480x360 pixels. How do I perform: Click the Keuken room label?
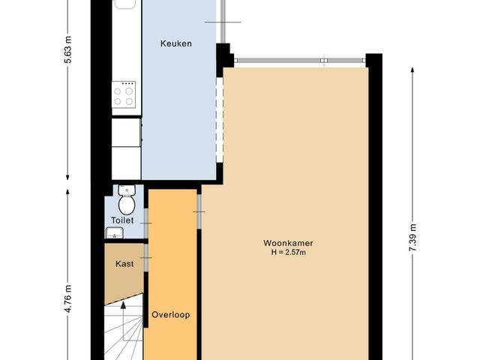tap(176, 43)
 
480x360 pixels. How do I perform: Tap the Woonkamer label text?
tap(288, 243)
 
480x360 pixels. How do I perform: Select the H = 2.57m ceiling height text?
tap(288, 253)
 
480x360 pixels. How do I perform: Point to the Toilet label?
tap(122, 220)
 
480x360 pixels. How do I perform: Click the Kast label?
tap(124, 264)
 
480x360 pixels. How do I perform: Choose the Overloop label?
tap(171, 315)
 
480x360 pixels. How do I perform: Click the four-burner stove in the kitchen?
tap(124, 93)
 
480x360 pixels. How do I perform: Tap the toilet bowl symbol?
tap(126, 203)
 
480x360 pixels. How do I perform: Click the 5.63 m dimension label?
tap(68, 50)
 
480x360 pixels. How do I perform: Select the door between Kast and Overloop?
tap(148, 259)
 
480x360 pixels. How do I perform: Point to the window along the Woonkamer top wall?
tap(300, 61)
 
